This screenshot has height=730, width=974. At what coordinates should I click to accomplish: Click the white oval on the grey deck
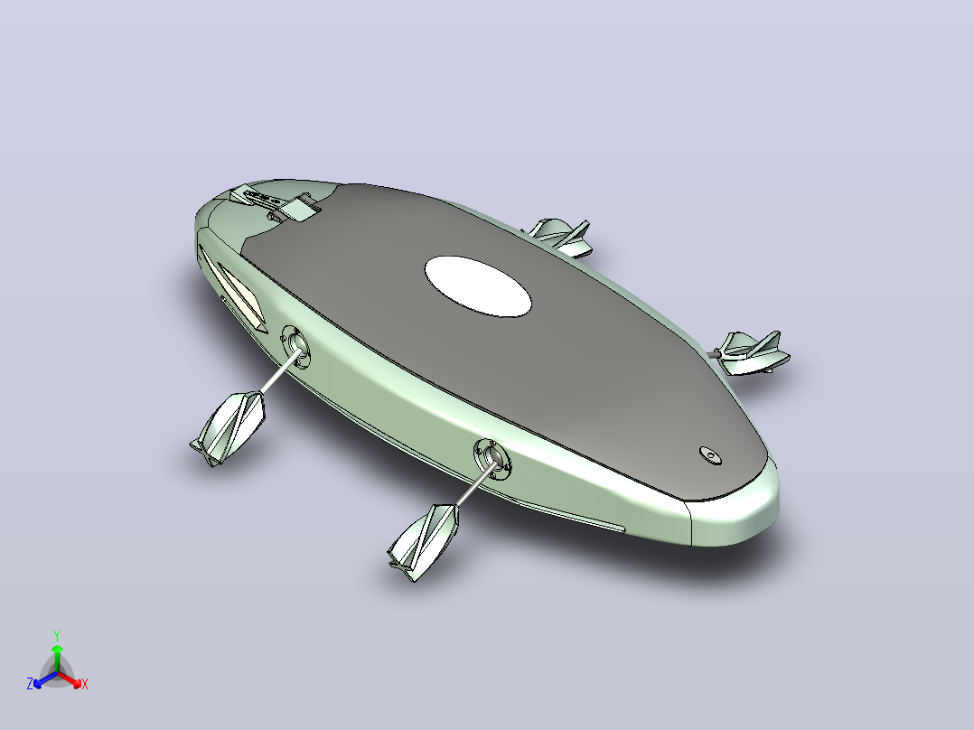click(x=478, y=286)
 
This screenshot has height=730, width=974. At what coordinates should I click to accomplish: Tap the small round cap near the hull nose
click(x=710, y=455)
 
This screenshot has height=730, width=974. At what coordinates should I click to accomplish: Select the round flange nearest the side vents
click(x=295, y=346)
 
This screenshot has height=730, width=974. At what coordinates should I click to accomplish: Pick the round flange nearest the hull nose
click(x=492, y=459)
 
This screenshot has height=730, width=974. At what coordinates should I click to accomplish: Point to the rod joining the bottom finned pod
click(x=475, y=484)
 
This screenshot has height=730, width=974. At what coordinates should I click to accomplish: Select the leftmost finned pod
click(x=228, y=427)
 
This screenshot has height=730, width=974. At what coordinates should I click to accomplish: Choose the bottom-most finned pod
click(x=424, y=542)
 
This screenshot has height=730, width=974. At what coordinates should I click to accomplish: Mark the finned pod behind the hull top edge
click(x=560, y=237)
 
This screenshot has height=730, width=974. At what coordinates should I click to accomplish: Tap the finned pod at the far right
click(x=753, y=353)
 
